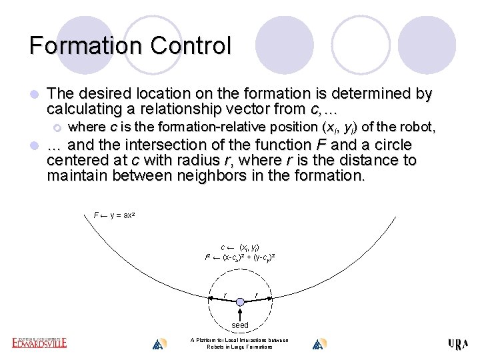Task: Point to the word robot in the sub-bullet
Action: (413, 127)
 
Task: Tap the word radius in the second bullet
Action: (174, 161)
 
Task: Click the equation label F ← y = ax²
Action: (113, 215)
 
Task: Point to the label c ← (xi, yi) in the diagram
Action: (240, 247)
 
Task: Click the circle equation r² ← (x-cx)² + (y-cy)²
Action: (241, 257)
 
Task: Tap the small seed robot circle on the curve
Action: (241, 302)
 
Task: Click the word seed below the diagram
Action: (240, 325)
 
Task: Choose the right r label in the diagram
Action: (257, 295)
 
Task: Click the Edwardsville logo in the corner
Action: (39, 343)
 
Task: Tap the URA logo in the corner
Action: (458, 344)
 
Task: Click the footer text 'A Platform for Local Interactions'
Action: (239, 341)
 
